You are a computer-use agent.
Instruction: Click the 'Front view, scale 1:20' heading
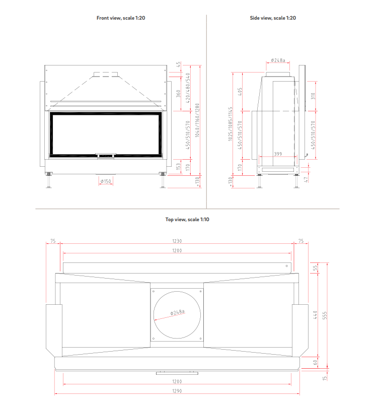pyautogui.click(x=121, y=18)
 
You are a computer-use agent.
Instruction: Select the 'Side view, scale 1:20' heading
pyautogui.click(x=273, y=18)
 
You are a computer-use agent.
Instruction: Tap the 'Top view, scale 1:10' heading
pyautogui.click(x=187, y=220)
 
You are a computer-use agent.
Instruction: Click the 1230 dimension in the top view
pyautogui.click(x=177, y=241)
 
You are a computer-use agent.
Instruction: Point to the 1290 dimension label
pyautogui.click(x=177, y=391)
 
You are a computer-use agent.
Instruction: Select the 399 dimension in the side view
pyautogui.click(x=278, y=154)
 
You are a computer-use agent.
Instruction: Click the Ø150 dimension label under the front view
pyautogui.click(x=106, y=181)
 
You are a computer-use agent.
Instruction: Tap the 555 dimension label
pyautogui.click(x=325, y=315)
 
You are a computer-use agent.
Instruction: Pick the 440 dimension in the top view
pyautogui.click(x=315, y=315)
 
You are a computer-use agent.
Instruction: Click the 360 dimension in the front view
pyautogui.click(x=178, y=93)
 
